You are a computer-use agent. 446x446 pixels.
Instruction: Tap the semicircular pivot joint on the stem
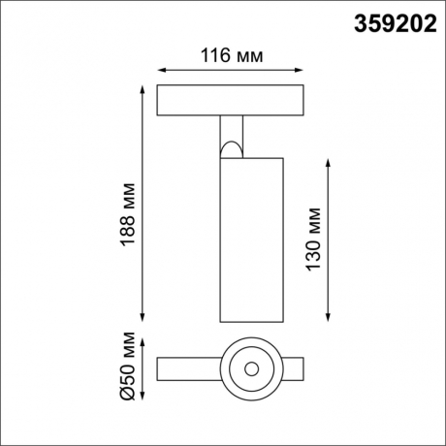pyautogui.click(x=231, y=147)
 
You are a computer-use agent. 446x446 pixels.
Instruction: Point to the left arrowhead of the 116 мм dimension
pyautogui.click(x=160, y=70)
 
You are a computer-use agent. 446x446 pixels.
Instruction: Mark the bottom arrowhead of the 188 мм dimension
pyautogui.click(x=143, y=319)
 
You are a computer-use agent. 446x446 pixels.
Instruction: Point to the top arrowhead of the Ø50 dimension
pyautogui.click(x=143, y=341)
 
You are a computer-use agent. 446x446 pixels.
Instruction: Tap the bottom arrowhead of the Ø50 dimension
pyautogui.click(x=143, y=398)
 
